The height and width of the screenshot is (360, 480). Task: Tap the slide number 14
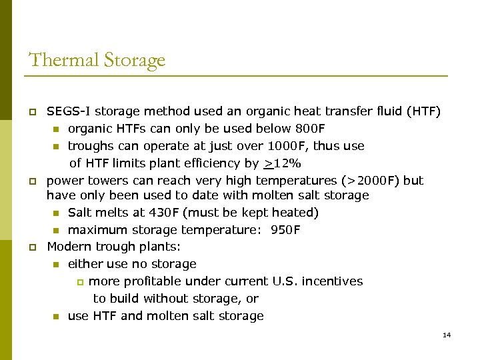(447, 335)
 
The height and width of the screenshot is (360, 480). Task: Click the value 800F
(310, 129)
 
